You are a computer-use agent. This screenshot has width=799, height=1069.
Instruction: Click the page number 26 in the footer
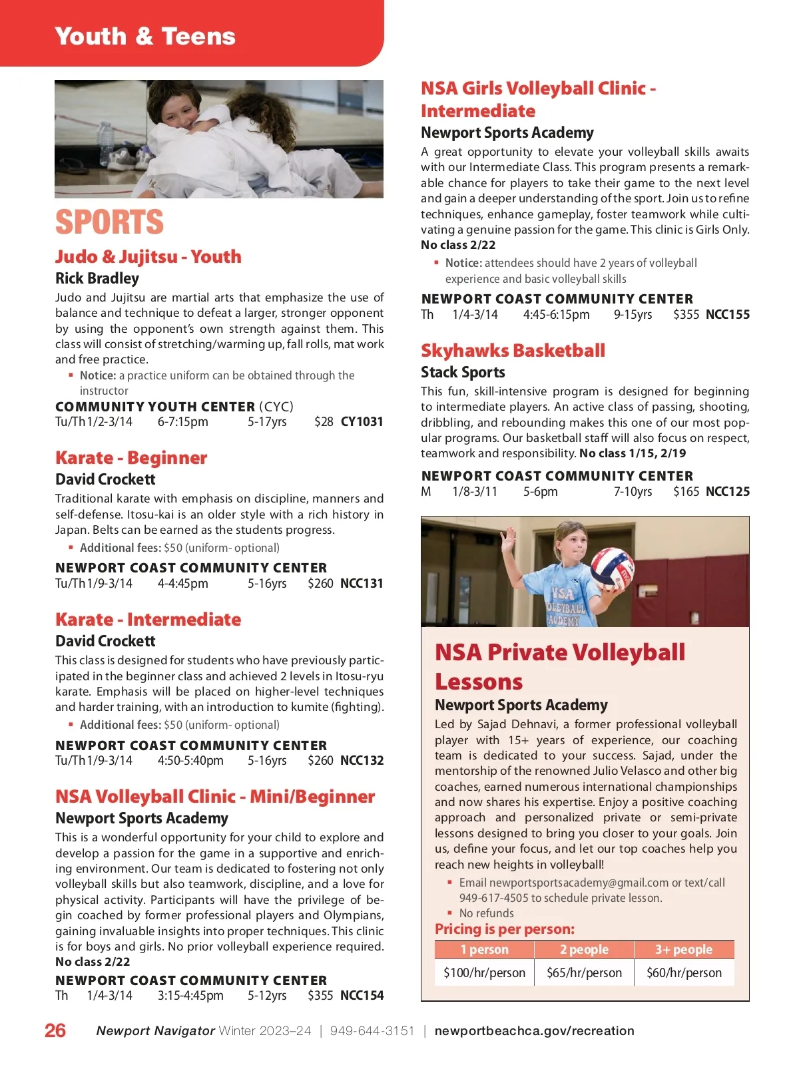click(55, 1030)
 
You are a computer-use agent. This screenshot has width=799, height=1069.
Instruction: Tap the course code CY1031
click(362, 421)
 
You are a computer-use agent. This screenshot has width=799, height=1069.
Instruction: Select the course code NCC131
click(362, 583)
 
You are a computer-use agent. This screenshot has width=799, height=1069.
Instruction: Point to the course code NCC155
click(727, 314)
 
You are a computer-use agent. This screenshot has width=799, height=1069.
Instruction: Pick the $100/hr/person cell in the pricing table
click(484, 972)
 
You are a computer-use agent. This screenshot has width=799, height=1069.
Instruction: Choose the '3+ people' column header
click(683, 949)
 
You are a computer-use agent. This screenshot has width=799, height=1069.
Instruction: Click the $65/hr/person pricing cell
click(584, 972)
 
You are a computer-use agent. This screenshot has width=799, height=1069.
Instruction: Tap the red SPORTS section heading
click(109, 222)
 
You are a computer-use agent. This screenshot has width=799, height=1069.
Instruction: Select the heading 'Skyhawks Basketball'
click(513, 350)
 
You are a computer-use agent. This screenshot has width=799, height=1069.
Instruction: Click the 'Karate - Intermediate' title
click(148, 619)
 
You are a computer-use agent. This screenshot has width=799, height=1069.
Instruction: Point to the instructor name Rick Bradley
click(97, 278)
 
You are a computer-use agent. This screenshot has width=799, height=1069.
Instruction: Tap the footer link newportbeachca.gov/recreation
click(534, 1030)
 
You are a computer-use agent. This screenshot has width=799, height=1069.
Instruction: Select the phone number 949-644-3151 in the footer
click(372, 1030)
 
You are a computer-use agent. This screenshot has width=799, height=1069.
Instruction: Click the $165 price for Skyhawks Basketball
click(686, 492)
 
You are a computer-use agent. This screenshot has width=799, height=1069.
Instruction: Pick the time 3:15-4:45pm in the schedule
click(190, 995)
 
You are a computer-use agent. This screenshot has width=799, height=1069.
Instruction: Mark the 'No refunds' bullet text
click(486, 913)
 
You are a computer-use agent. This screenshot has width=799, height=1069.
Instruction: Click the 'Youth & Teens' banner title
click(145, 36)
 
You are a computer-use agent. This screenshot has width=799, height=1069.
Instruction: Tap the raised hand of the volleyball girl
click(510, 536)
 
